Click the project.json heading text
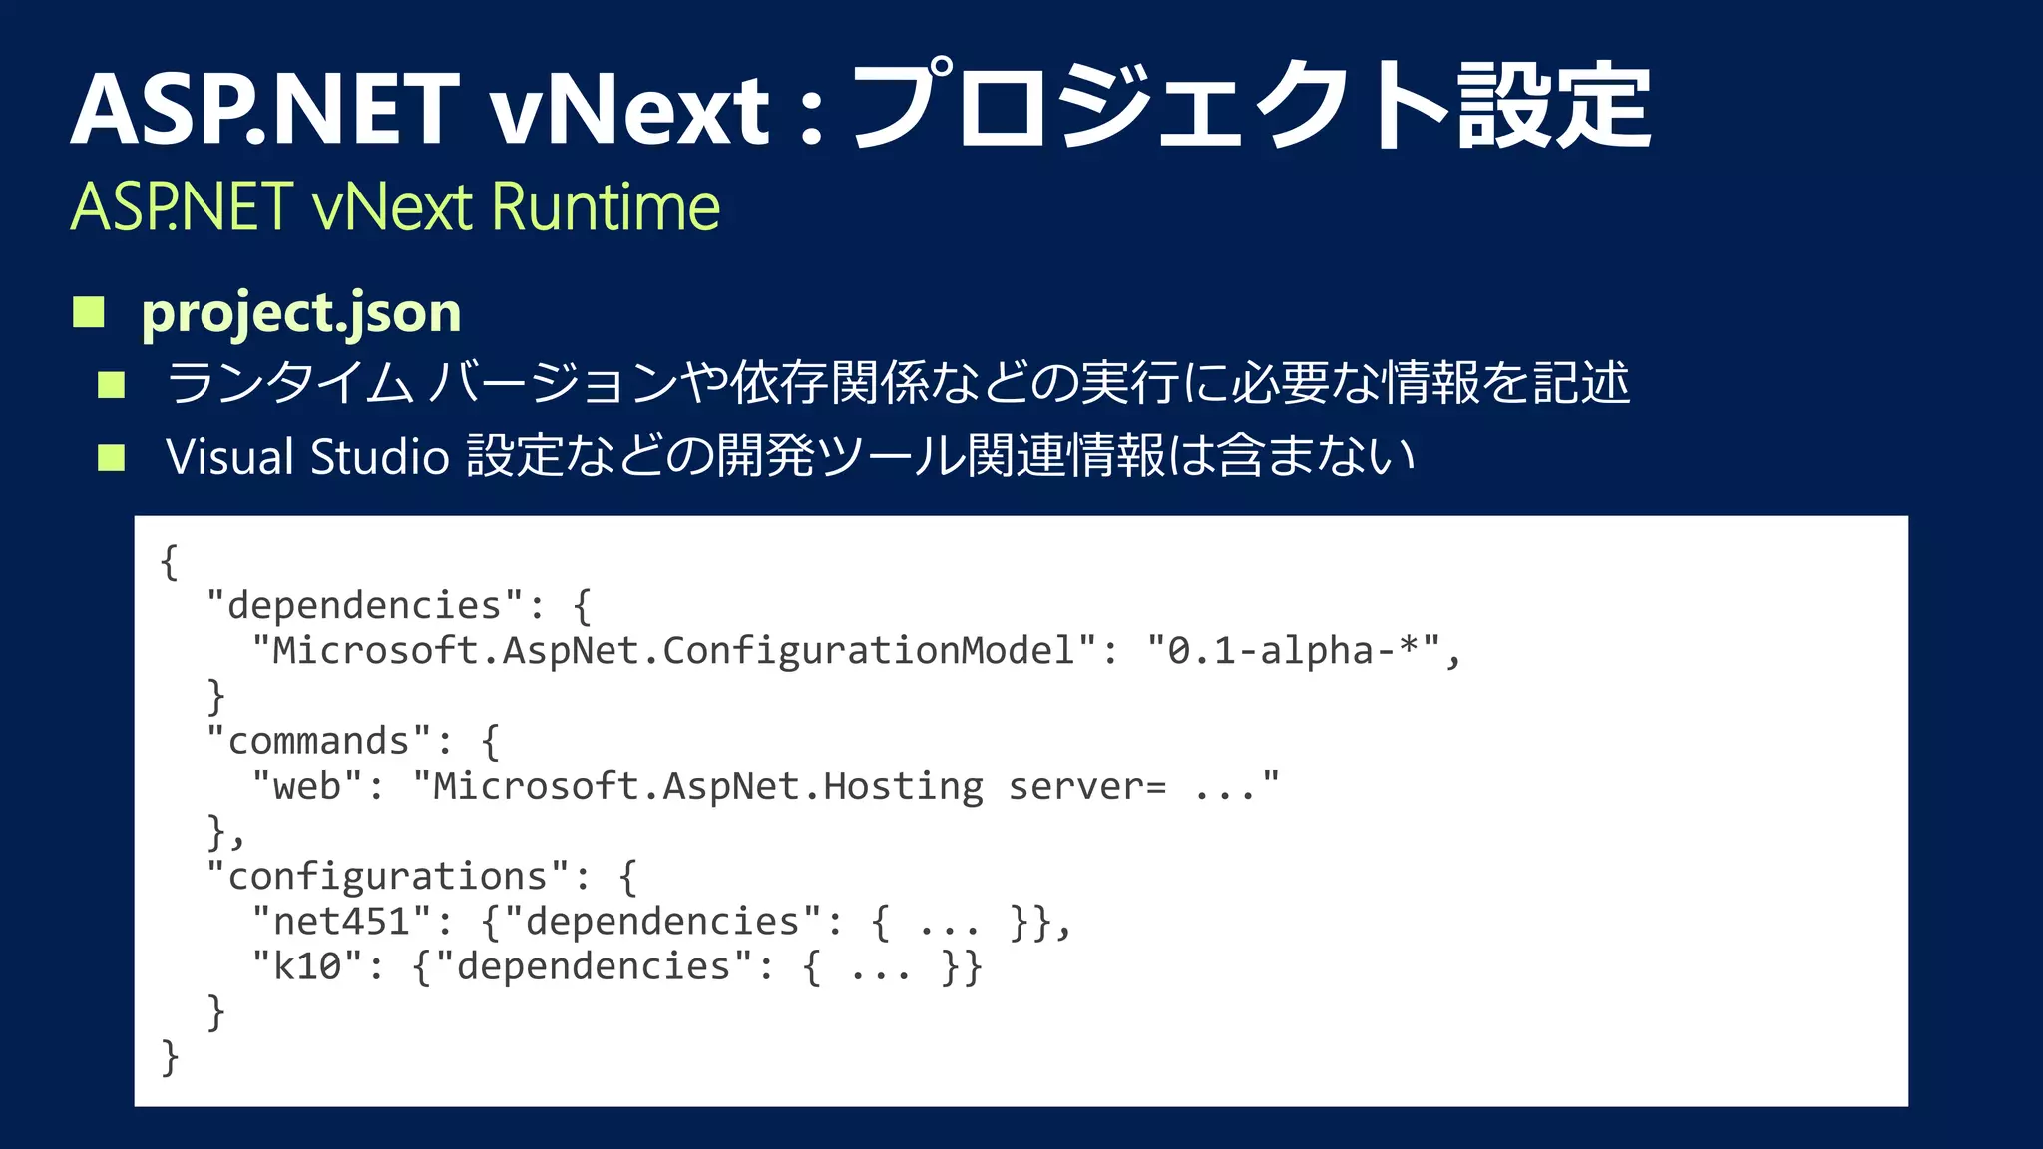click(300, 312)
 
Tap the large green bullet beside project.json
click(89, 312)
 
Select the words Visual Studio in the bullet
click(307, 457)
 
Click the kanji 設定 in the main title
click(1553, 106)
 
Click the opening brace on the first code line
click(170, 562)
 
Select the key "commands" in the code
click(318, 741)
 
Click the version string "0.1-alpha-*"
click(1293, 651)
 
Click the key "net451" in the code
click(341, 921)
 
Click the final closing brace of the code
click(170, 1056)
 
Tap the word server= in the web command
click(1086, 786)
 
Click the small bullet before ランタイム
click(111, 384)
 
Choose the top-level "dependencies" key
click(364, 606)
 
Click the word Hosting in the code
click(903, 786)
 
